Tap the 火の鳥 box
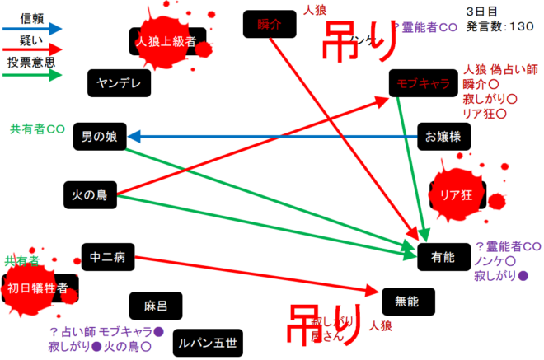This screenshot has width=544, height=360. click(91, 195)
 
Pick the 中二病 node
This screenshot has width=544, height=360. click(107, 257)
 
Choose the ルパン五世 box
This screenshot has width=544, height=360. click(208, 341)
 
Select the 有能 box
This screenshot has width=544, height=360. click(443, 257)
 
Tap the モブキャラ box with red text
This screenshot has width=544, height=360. click(422, 83)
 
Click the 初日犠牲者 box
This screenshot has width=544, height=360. click(43, 288)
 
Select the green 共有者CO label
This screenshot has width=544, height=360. click(37, 129)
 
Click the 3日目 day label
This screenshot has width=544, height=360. click(481, 12)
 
